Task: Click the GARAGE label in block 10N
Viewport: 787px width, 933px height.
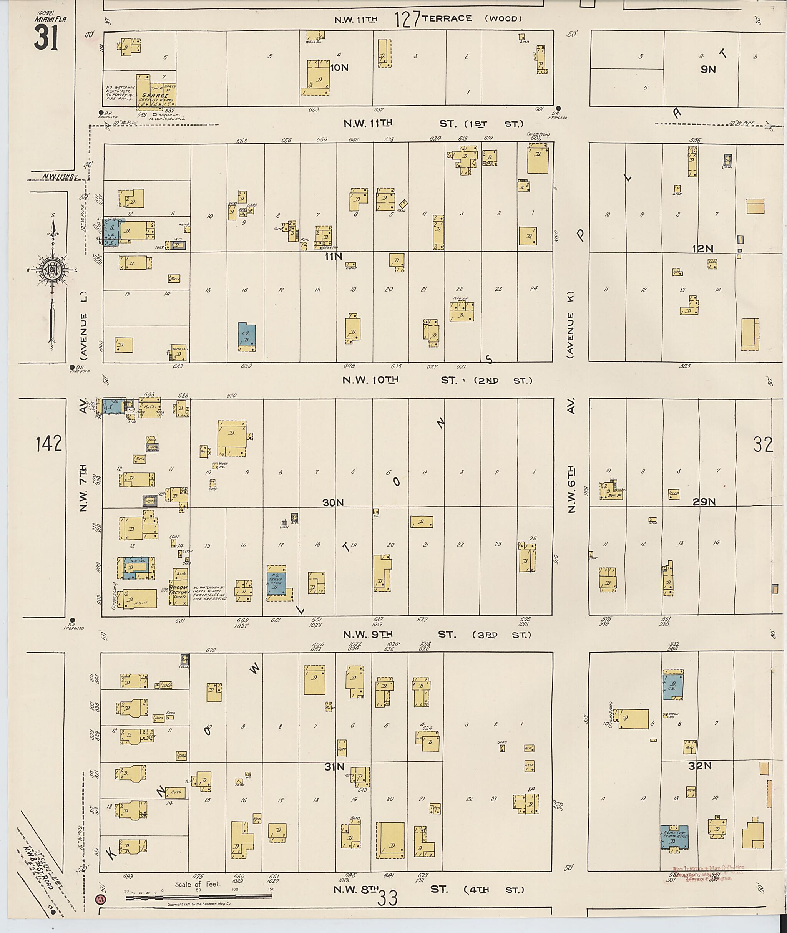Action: (155, 95)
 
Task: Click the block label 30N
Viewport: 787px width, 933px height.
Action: (333, 503)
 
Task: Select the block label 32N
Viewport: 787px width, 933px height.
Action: (699, 778)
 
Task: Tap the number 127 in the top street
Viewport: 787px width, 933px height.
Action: (407, 19)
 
